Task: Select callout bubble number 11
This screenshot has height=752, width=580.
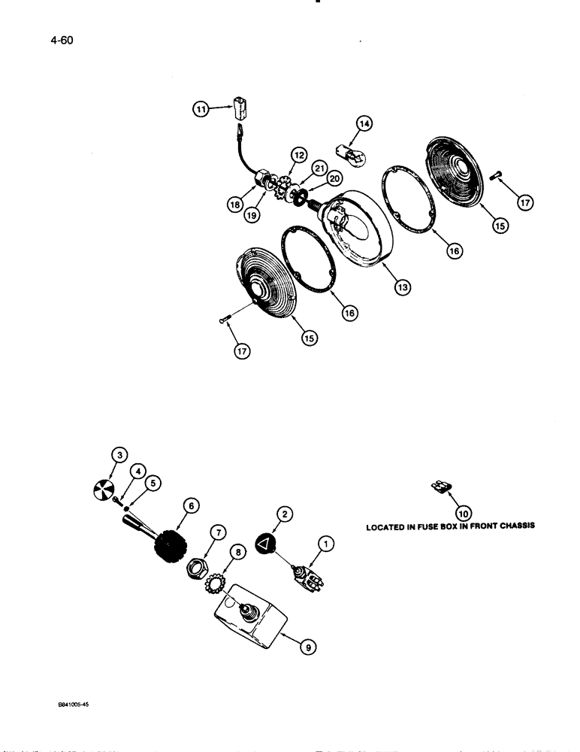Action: point(201,110)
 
